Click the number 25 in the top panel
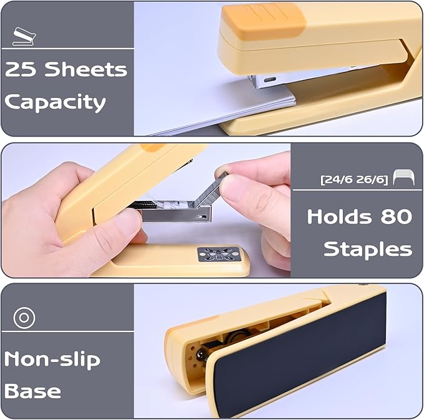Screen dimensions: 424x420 [21, 69]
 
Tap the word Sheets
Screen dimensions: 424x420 [86, 69]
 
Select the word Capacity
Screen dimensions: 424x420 [55, 103]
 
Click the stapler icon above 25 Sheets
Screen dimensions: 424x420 [24, 36]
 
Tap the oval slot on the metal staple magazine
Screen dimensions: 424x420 [270, 80]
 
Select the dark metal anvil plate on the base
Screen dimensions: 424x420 [219, 255]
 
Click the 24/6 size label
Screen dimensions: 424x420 [338, 179]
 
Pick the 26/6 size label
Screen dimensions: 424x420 [371, 179]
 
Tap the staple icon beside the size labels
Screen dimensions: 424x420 [404, 177]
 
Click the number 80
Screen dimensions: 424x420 [397, 217]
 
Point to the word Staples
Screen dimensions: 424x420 [368, 250]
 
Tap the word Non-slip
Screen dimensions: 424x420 [52, 359]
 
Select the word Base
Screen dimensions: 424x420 [32, 391]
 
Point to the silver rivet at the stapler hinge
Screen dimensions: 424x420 [202, 353]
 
